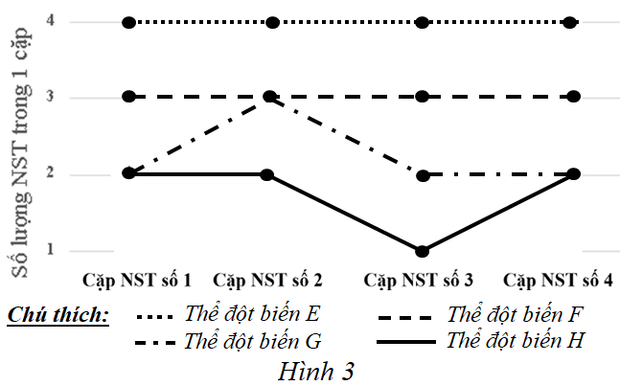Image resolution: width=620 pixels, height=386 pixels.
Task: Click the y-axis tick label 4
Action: [x=49, y=21]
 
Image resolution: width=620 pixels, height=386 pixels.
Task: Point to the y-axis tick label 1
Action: [x=49, y=251]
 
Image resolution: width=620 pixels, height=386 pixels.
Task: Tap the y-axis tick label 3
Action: [x=49, y=97]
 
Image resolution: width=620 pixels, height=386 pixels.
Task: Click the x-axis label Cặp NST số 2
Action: [x=268, y=281]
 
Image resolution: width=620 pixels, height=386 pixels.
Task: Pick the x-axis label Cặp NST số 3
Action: [x=419, y=281]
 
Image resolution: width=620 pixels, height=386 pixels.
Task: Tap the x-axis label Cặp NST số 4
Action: [x=560, y=281]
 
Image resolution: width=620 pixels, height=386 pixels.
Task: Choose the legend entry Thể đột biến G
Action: [x=254, y=340]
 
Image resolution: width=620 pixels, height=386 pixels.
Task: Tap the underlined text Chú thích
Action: [x=57, y=315]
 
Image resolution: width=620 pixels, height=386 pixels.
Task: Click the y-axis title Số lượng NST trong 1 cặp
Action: [x=19, y=153]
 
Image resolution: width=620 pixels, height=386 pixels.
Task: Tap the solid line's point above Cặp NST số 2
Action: [x=267, y=174]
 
